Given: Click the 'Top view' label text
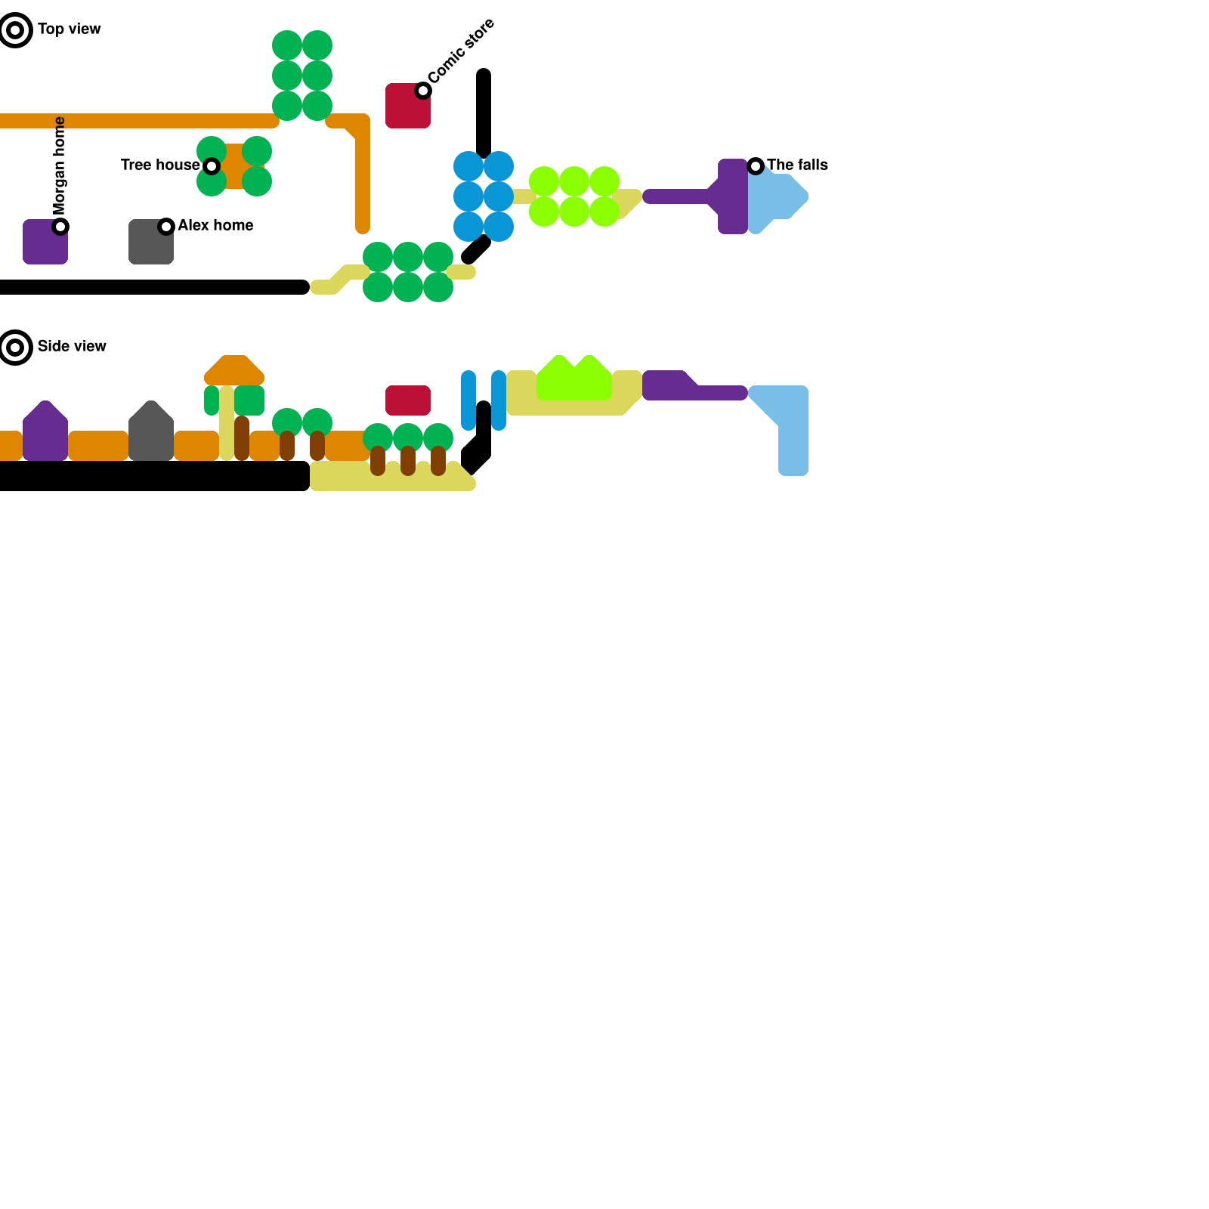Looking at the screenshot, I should pyautogui.click(x=69, y=29).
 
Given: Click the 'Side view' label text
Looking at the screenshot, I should pyautogui.click(x=72, y=347).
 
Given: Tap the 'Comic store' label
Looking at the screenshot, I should pyautogui.click(x=461, y=51).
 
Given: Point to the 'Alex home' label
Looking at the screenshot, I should pyautogui.click(x=215, y=226).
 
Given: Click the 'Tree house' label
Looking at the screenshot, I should pyautogui.click(x=159, y=165).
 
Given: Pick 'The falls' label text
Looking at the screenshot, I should pyautogui.click(x=797, y=165).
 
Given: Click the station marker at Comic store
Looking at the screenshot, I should pyautogui.click(x=423, y=91).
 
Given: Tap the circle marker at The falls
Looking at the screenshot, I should pyautogui.click(x=756, y=166).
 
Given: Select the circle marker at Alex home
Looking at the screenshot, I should pyautogui.click(x=166, y=227).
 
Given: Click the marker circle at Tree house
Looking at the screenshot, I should pyautogui.click(x=212, y=166).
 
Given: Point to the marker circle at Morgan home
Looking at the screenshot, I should pyautogui.click(x=60, y=227).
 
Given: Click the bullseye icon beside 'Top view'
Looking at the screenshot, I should pyautogui.click(x=15, y=30).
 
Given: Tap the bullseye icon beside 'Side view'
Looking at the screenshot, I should pyautogui.click(x=15, y=348).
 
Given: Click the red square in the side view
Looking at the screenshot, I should pyautogui.click(x=408, y=400).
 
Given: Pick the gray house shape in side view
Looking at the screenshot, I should pyautogui.click(x=151, y=434).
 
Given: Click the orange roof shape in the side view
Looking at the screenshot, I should pyautogui.click(x=234, y=370).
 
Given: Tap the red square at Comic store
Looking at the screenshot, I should pyautogui.click(x=405, y=110).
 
